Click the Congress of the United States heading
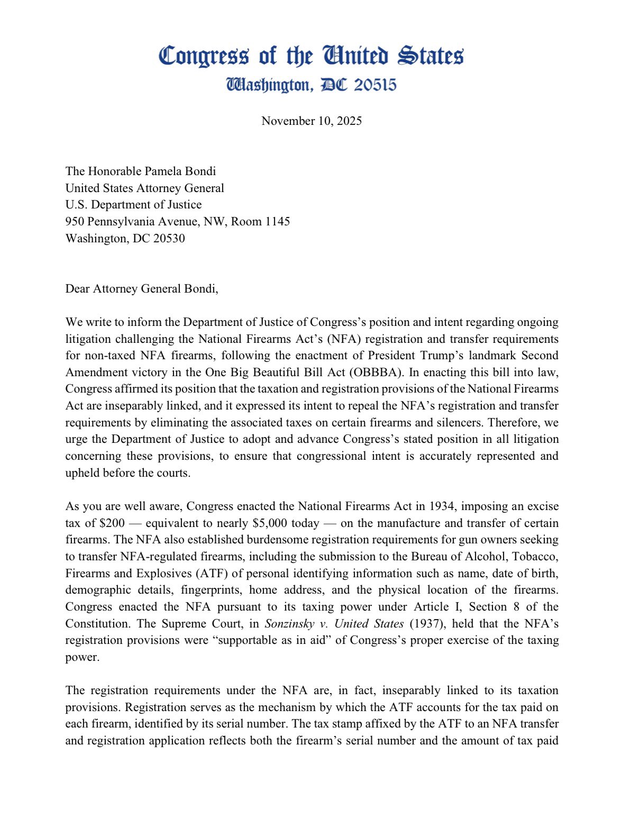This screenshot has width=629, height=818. tap(311, 56)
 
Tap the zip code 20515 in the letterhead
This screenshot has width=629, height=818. tap(375, 85)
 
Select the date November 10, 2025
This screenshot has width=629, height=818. tap(311, 121)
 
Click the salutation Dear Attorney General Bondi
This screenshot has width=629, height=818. tap(141, 288)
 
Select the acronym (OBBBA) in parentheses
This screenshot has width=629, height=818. tap(374, 372)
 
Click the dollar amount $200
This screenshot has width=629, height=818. tap(112, 523)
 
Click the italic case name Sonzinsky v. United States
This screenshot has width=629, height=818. tap(334, 624)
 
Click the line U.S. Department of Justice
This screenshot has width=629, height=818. tap(133, 204)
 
